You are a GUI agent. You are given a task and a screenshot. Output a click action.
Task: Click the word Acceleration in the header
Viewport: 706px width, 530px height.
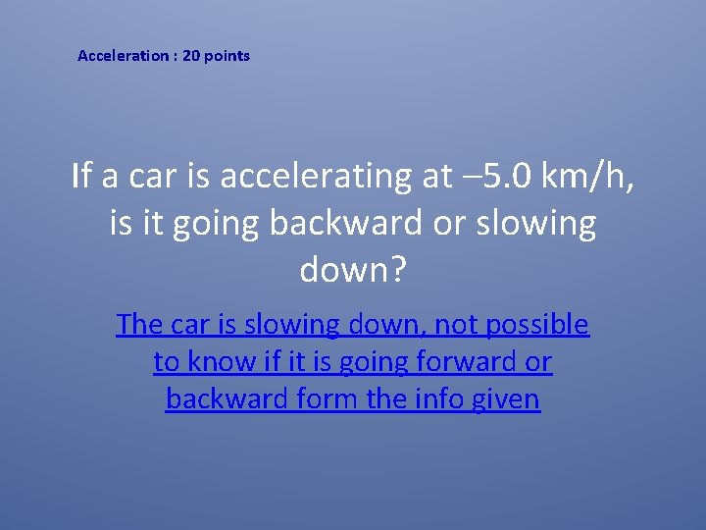[123, 56]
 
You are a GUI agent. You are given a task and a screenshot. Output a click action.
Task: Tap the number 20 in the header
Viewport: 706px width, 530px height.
[191, 56]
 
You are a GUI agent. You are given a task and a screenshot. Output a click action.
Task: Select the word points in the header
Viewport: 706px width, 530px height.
[227, 56]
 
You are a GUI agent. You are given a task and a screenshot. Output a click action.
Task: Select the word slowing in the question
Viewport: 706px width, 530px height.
[534, 224]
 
